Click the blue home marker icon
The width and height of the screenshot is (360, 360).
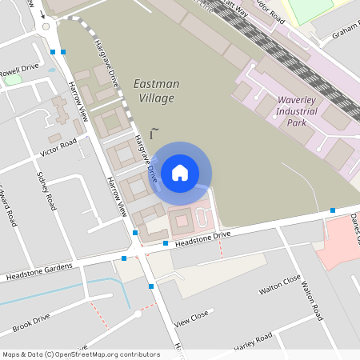(x=180, y=172)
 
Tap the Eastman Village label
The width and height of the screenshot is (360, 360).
(x=156, y=90)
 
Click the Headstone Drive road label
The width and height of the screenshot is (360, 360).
(x=202, y=238)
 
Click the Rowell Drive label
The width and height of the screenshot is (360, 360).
(x=20, y=70)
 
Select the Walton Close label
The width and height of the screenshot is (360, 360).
(x=279, y=285)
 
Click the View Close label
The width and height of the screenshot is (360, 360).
(x=191, y=319)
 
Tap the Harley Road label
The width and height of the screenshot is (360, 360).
(x=252, y=342)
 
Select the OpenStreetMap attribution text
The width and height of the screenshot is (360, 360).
(x=80, y=354)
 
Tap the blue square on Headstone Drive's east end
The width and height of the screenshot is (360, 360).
(x=333, y=210)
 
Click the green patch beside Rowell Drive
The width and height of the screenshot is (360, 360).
(x=12, y=79)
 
